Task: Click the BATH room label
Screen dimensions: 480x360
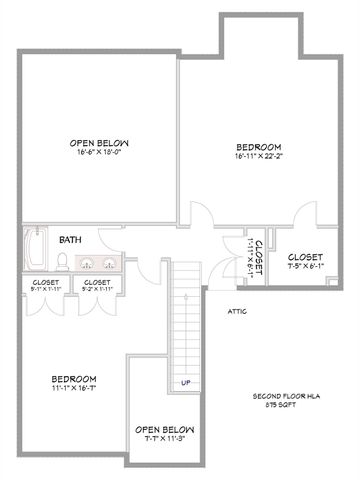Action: (x=70, y=240)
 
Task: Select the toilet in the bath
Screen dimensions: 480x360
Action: (x=62, y=263)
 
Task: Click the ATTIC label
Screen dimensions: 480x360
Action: (x=238, y=311)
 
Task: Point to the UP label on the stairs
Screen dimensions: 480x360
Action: (x=185, y=382)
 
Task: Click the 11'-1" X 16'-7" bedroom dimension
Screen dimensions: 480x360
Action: (x=75, y=388)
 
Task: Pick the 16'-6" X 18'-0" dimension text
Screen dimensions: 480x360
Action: (x=98, y=152)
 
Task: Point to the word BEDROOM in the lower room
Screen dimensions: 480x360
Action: (x=75, y=378)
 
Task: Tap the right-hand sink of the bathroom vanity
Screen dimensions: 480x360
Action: (x=109, y=265)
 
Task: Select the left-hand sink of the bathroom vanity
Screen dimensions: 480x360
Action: (x=87, y=265)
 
